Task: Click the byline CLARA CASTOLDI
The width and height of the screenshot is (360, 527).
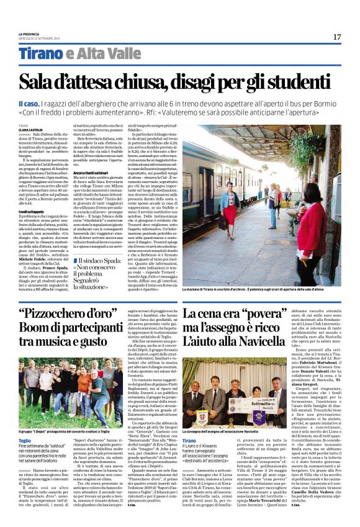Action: coord(31,129)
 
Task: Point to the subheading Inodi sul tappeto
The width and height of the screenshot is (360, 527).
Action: coord(29,210)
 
